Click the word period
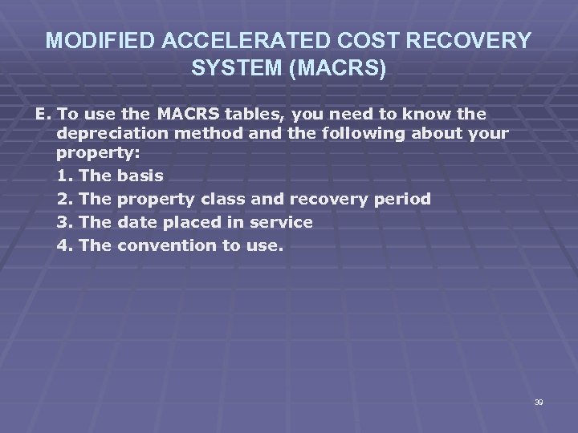[x=401, y=197]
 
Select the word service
[x=282, y=221]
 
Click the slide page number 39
[x=538, y=402]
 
